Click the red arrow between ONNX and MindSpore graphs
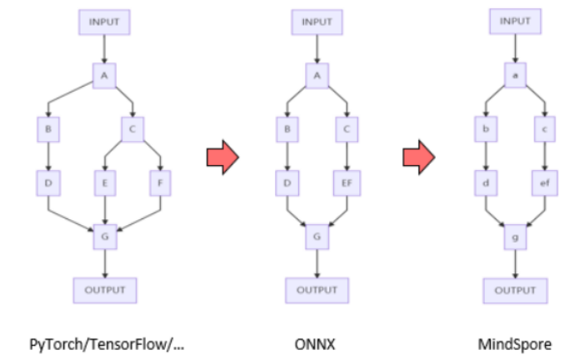click(418, 156)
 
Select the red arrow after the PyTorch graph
click(221, 156)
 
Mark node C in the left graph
click(132, 129)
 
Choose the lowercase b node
click(486, 129)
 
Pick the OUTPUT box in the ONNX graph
click(317, 290)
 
